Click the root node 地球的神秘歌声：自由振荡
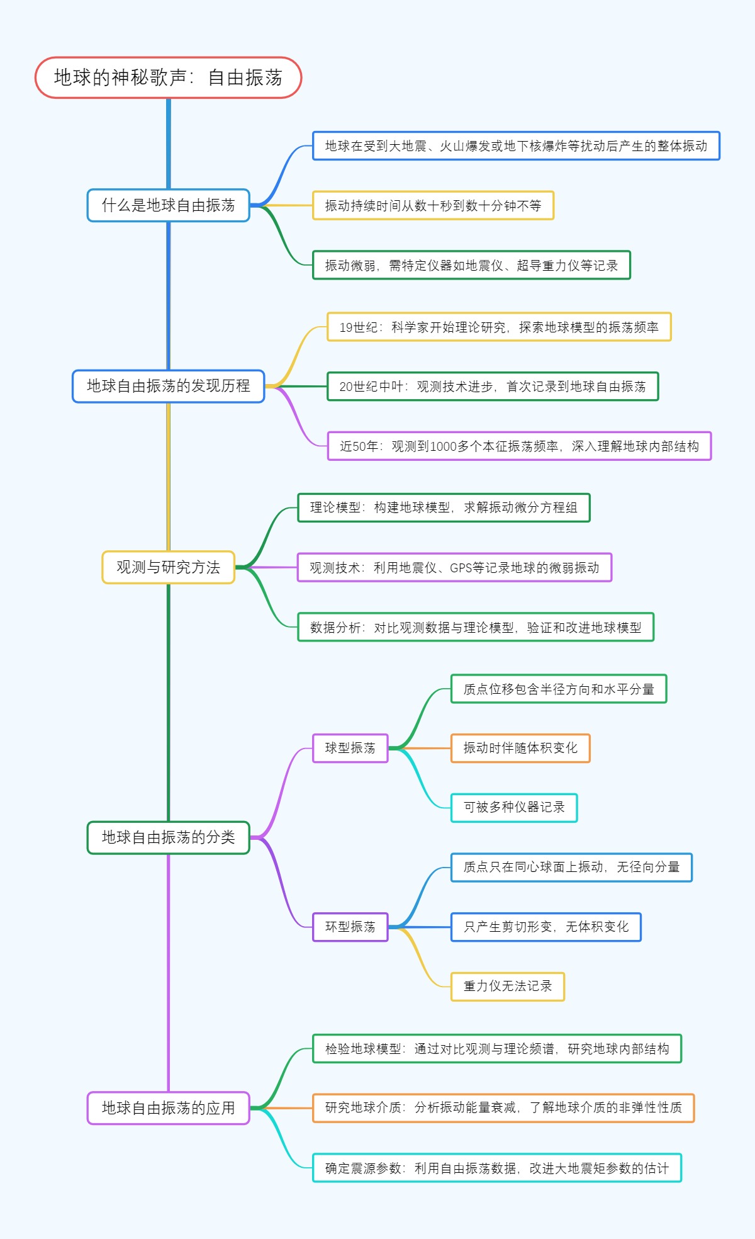pos(168,77)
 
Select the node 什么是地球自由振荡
pos(168,205)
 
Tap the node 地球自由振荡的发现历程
pos(168,386)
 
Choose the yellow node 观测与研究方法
pos(168,567)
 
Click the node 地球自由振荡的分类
pos(168,837)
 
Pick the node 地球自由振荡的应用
pos(168,1108)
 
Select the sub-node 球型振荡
pos(350,748)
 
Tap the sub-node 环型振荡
pos(350,927)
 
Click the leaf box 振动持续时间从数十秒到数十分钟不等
pos(433,205)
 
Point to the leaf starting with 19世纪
pos(499,327)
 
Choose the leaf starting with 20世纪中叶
pos(493,387)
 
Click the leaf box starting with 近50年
pos(519,446)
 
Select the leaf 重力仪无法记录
pos(507,986)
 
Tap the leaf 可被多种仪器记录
pos(513,808)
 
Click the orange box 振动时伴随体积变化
pos(520,748)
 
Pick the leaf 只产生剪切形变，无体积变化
pos(545,927)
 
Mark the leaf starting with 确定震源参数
pos(496,1168)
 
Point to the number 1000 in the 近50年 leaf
pos(443,446)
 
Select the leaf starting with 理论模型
pos(444,507)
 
